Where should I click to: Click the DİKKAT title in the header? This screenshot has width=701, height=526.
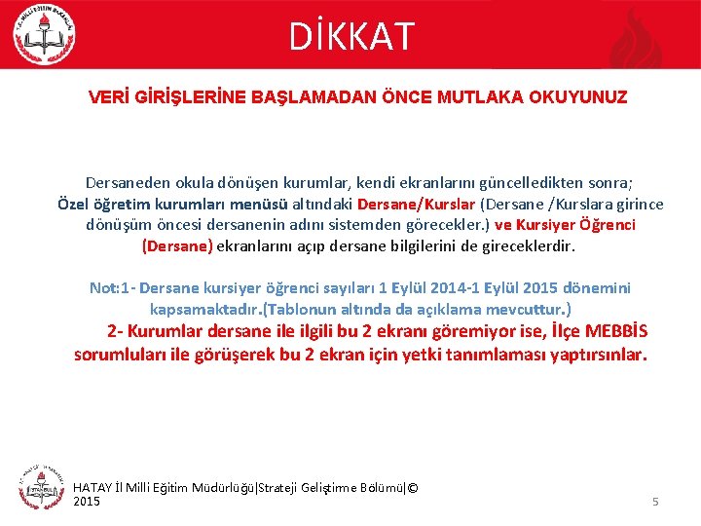click(x=350, y=36)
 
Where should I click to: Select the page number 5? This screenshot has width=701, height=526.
click(x=655, y=502)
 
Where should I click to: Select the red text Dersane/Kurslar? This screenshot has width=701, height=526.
click(x=416, y=204)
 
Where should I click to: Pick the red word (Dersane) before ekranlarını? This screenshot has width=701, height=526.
click(x=177, y=246)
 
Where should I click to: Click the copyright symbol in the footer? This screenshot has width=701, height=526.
click(x=412, y=487)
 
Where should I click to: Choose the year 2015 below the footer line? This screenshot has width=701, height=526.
click(x=87, y=501)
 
